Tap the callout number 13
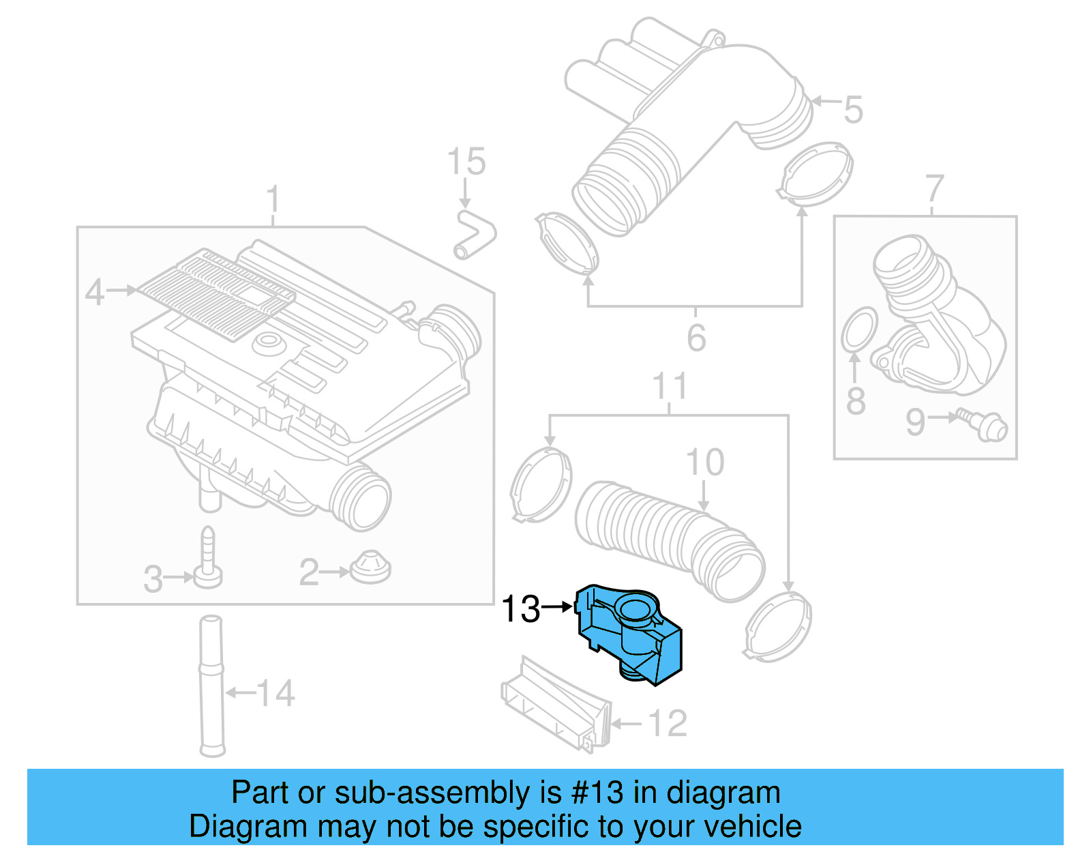(520, 608)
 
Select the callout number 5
(853, 109)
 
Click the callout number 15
(466, 162)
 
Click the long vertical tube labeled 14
(211, 686)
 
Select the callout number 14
(276, 694)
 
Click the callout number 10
(705, 462)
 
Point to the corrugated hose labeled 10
(668, 539)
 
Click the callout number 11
(670, 386)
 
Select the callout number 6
(696, 338)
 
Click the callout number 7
(934, 189)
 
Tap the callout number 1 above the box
(273, 199)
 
